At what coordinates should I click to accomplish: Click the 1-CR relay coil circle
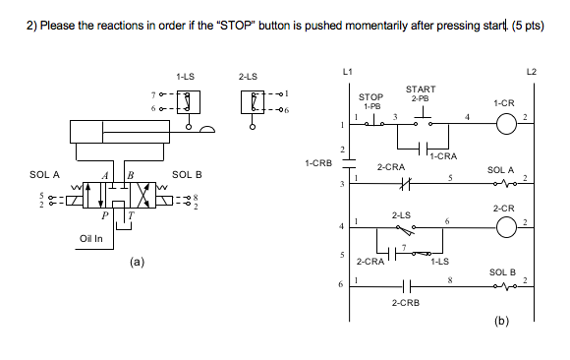(505, 124)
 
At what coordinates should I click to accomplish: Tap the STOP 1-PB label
(371, 101)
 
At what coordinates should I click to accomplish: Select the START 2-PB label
(421, 94)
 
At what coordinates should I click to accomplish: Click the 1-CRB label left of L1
(318, 161)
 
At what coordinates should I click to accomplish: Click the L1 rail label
(345, 72)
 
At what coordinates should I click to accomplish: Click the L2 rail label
(533, 72)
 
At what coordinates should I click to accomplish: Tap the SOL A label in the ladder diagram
(501, 169)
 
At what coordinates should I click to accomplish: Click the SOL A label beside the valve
(45, 174)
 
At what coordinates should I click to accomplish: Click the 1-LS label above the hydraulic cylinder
(186, 75)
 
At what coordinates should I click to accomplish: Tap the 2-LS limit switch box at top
(252, 100)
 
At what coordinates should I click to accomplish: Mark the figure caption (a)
(137, 263)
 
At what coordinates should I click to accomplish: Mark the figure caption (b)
(501, 321)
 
